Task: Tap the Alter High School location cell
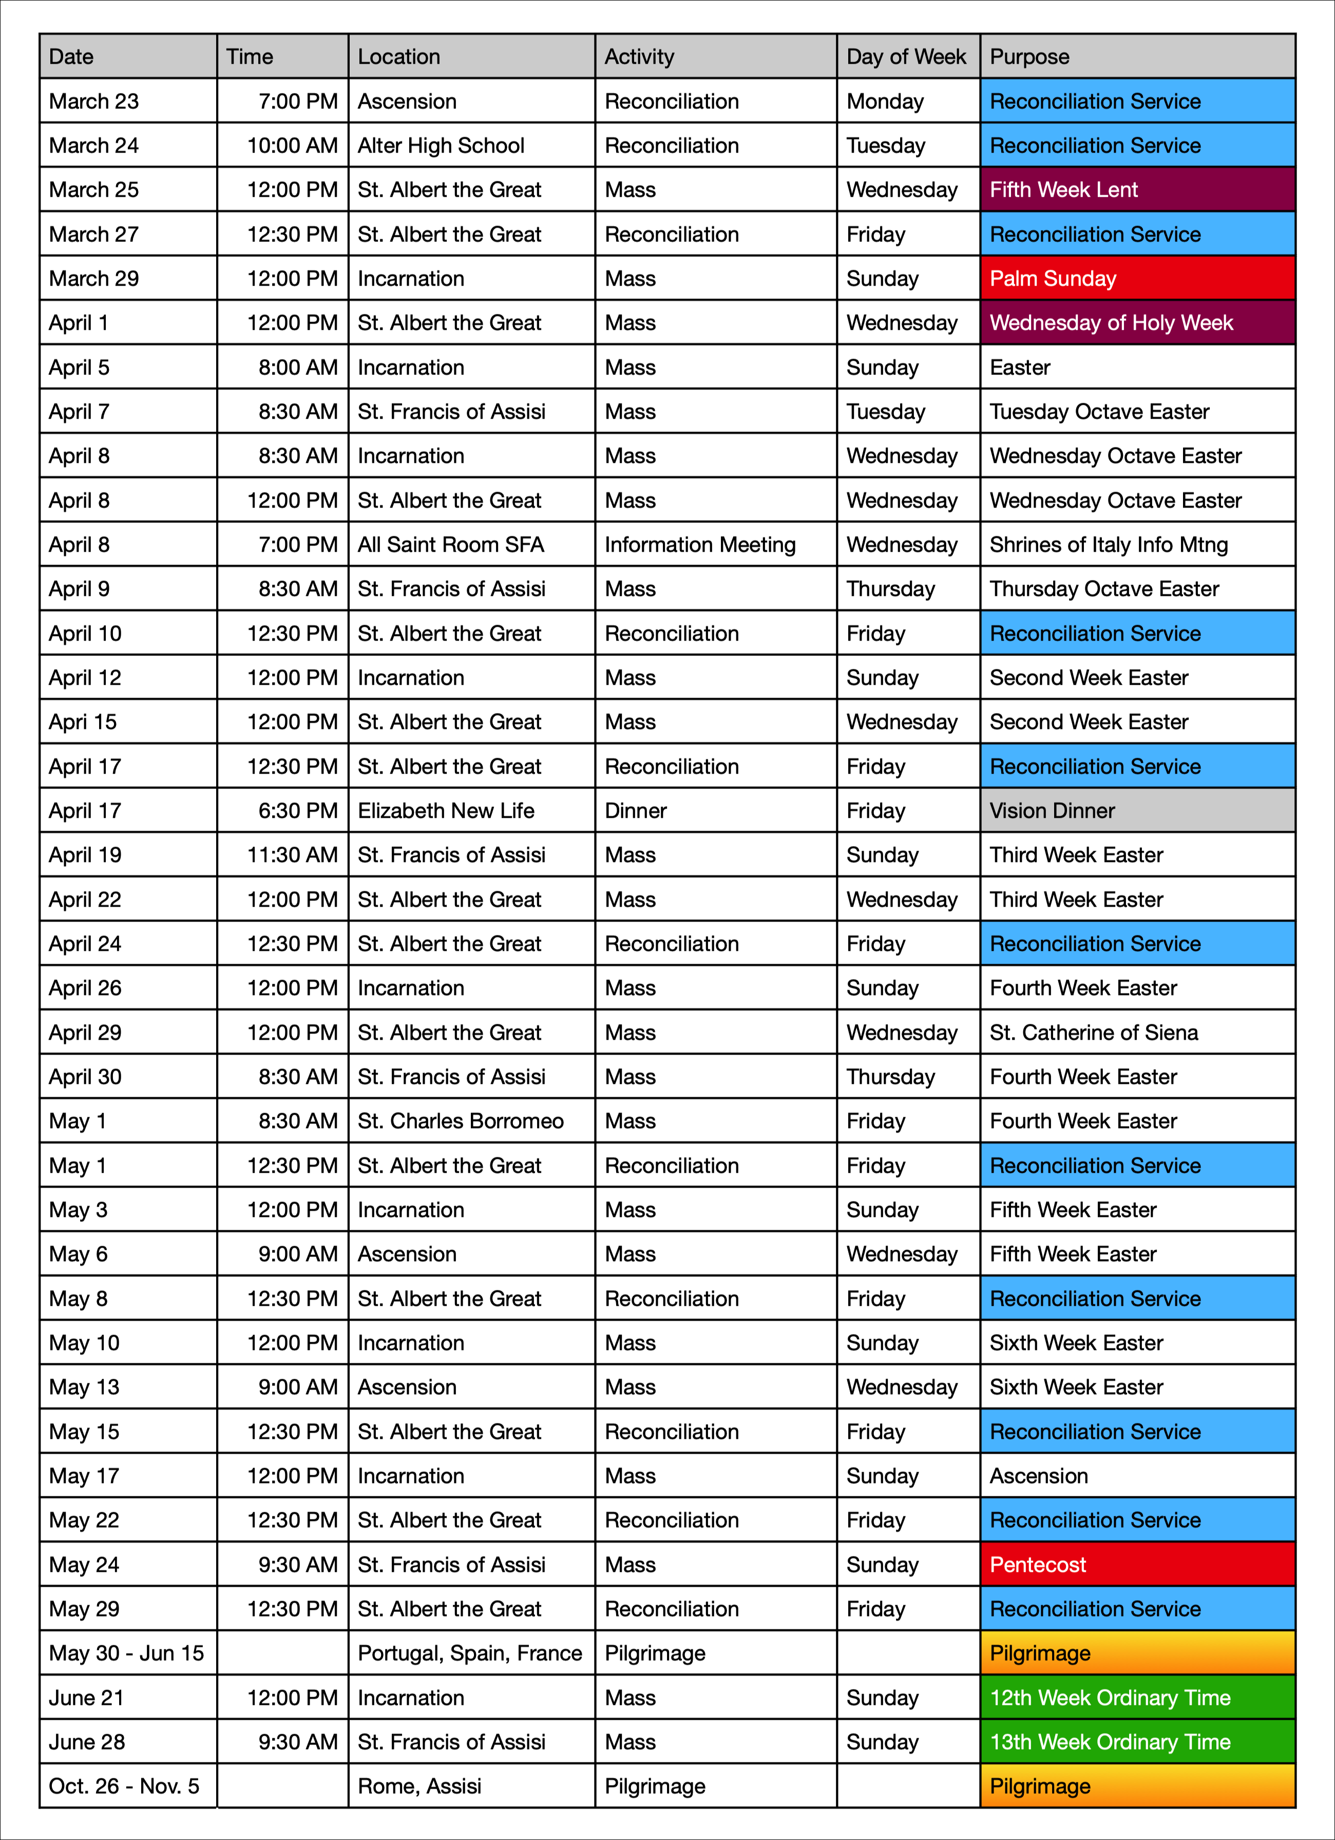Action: click(471, 146)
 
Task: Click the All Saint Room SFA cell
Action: click(471, 545)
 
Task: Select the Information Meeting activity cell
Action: click(715, 545)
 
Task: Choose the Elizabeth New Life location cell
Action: click(471, 811)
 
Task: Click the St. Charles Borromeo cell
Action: click(471, 1121)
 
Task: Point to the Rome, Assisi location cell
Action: click(471, 1786)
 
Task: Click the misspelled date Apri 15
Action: click(127, 722)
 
